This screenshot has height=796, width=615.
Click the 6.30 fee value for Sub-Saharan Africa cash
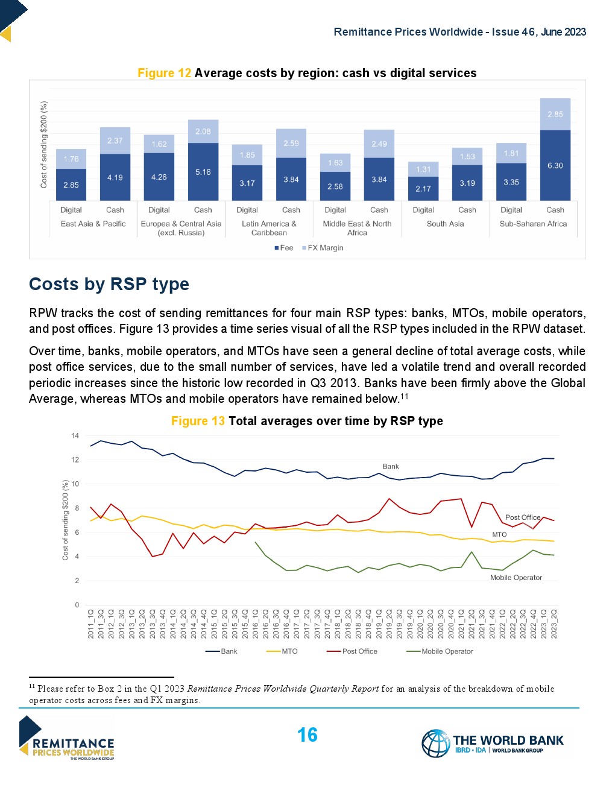[555, 166]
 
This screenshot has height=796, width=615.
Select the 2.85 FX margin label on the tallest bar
[555, 114]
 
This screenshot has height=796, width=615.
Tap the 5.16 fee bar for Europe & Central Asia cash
[203, 172]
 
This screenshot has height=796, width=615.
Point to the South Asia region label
[445, 224]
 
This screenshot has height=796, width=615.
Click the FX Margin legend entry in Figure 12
[325, 248]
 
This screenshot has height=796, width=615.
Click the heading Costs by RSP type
[109, 284]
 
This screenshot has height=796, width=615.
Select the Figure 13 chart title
[307, 421]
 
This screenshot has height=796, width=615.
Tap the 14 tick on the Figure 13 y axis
[75, 435]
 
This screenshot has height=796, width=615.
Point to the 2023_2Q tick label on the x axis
[554, 624]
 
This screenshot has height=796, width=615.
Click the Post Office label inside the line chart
[523, 517]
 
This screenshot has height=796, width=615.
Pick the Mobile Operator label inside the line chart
[516, 578]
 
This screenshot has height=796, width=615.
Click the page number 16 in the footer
[307, 735]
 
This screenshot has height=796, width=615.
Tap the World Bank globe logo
[436, 743]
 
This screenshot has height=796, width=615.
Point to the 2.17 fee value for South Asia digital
[423, 189]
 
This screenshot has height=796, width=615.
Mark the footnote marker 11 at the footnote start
[32, 686]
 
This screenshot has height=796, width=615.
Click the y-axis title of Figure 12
[43, 145]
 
